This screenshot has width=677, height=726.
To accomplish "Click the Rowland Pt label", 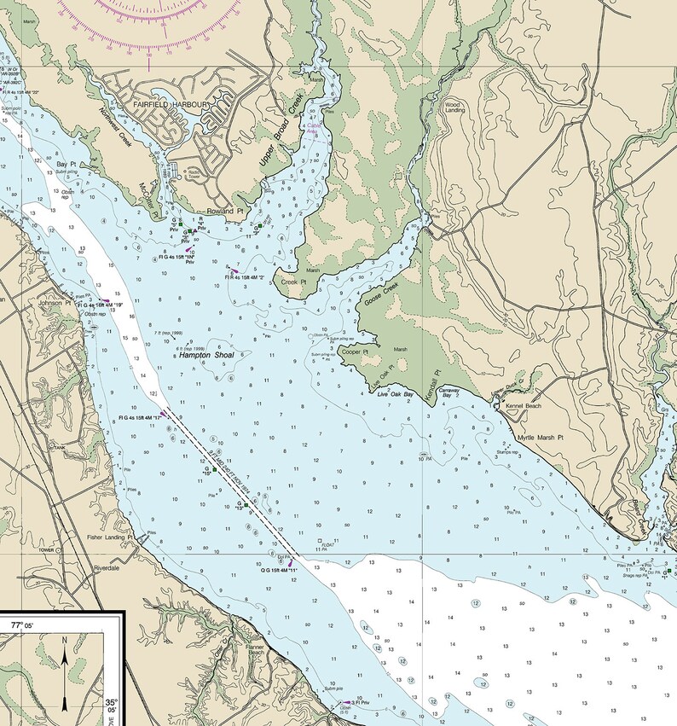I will coord(225,211).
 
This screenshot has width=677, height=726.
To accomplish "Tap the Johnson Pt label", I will coord(54,302).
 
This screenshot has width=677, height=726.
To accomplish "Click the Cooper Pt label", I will coord(354,351).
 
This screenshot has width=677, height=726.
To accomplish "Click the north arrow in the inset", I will coord(65,670).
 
